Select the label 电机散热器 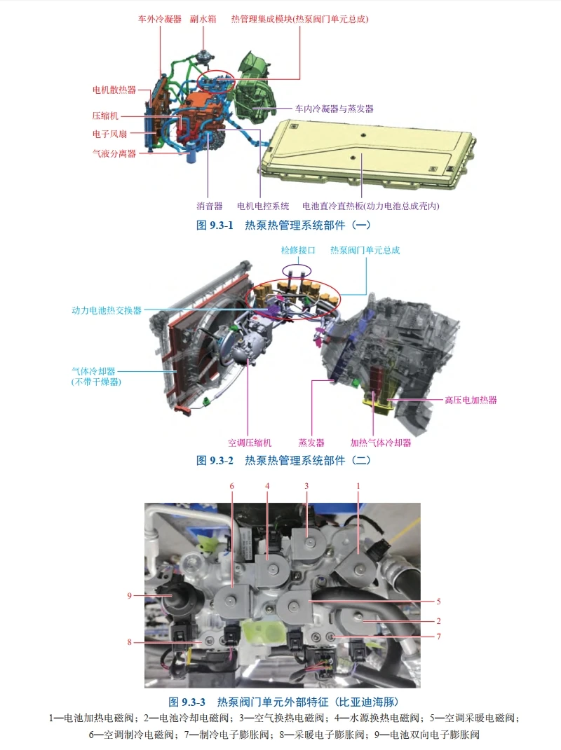pos(114,90)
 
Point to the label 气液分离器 pos(114,153)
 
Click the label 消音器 pos(209,206)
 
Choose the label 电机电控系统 pos(263,206)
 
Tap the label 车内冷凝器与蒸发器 pos(334,109)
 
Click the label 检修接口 pos(299,250)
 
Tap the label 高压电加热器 pos(471,401)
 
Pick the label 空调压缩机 pos(250,443)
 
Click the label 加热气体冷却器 pos(381,443)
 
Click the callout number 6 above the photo pos(231,486)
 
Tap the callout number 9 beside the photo pos(130,595)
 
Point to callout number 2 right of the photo pos(438,620)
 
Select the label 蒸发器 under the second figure pos(311,443)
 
